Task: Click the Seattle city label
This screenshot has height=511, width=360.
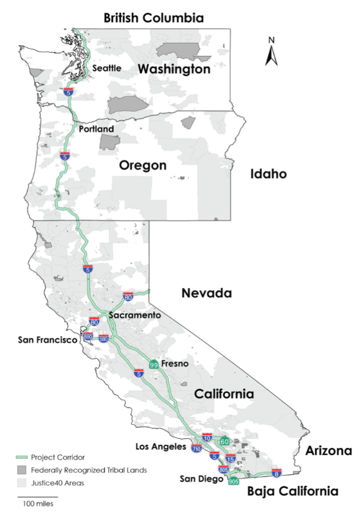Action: click(107, 68)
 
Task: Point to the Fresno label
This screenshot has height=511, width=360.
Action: click(174, 364)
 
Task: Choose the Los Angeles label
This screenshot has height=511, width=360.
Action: click(161, 446)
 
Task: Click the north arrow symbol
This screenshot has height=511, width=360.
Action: click(271, 52)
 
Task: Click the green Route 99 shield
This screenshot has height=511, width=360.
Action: click(154, 364)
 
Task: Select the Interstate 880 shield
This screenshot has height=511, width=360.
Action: click(88, 337)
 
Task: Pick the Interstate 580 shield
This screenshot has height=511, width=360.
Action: click(104, 338)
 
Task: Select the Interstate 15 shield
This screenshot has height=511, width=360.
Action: click(230, 459)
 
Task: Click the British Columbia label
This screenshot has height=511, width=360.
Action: click(154, 18)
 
